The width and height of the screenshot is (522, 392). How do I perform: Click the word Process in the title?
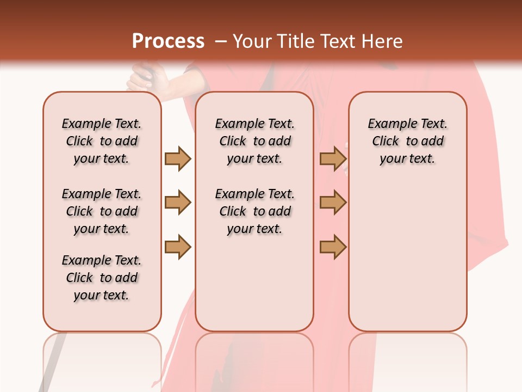[x=168, y=41]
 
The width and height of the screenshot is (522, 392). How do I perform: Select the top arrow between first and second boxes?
[x=178, y=158]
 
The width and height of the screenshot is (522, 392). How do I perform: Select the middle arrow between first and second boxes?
[x=178, y=203]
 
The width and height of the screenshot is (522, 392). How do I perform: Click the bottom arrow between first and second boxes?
[x=178, y=247]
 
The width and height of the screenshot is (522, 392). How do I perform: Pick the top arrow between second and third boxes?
[x=333, y=158]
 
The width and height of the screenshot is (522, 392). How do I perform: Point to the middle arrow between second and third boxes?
[x=333, y=203]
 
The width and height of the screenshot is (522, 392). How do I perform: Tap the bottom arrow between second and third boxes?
[x=333, y=247]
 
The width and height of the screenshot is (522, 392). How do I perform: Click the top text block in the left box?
[x=102, y=141]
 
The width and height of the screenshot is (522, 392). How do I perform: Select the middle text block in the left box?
[x=102, y=211]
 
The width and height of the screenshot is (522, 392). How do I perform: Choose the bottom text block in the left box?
[x=102, y=278]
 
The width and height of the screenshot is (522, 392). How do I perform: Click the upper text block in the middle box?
[x=254, y=141]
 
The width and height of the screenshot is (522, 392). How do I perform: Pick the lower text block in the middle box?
[x=254, y=211]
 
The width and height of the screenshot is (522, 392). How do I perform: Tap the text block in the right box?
[x=407, y=141]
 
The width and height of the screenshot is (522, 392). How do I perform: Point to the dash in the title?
[x=220, y=42]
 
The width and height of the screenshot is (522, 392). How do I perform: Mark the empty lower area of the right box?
[x=407, y=256]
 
